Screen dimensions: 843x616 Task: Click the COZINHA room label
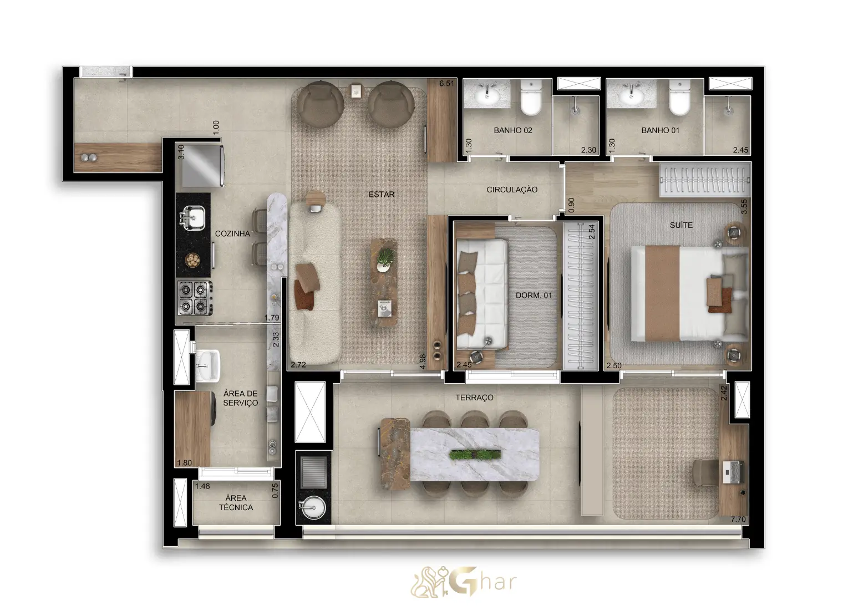click(x=232, y=233)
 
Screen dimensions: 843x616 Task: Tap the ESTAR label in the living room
click(x=381, y=195)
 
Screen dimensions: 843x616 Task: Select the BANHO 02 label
click(x=512, y=131)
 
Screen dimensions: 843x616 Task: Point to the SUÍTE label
click(x=681, y=225)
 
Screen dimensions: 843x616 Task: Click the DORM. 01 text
click(x=534, y=296)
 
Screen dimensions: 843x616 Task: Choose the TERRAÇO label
click(x=474, y=398)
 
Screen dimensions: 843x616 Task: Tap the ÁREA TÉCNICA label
click(x=236, y=502)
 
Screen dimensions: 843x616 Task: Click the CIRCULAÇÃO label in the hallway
click(x=512, y=190)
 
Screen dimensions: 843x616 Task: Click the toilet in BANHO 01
click(x=679, y=98)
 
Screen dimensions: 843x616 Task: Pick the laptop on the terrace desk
click(x=733, y=472)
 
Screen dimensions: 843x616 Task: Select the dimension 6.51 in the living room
click(x=446, y=84)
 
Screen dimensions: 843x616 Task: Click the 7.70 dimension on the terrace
click(x=738, y=520)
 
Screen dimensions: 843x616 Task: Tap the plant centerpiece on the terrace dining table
click(x=475, y=455)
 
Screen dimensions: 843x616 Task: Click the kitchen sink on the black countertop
click(x=193, y=217)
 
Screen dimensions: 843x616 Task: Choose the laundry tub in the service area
click(x=207, y=365)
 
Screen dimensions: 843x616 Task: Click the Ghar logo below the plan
click(x=464, y=582)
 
